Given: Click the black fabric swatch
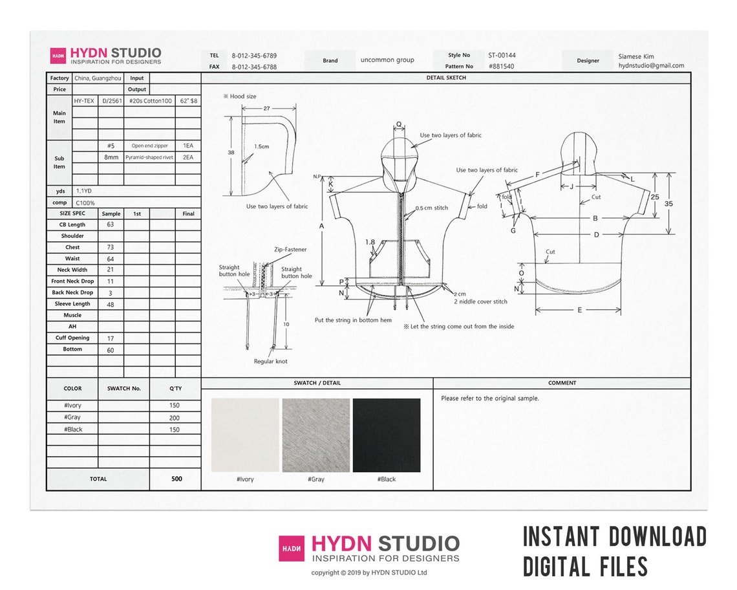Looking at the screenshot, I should point(386,435).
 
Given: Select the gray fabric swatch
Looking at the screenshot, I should point(315,435).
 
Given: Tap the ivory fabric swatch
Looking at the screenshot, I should point(245,435).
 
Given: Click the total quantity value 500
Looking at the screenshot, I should point(176,479).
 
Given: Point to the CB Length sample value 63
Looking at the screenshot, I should point(111,225).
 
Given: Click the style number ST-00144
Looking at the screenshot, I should point(502,56).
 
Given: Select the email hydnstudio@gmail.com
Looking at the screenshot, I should point(651,66).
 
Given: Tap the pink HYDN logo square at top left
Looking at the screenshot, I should point(58,56).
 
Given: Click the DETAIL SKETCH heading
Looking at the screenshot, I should point(446,78).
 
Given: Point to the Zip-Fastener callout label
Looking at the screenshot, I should point(290,249).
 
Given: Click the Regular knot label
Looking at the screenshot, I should point(272,362).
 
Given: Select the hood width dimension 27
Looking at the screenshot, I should point(267,109).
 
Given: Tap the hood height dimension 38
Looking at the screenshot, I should point(231,153).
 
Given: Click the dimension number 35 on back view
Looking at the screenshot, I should point(668,204).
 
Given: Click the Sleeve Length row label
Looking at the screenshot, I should point(72,304).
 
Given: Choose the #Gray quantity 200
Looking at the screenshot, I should point(175,418).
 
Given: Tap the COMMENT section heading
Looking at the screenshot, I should point(562,383).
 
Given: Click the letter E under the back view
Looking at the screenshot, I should point(579,311).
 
